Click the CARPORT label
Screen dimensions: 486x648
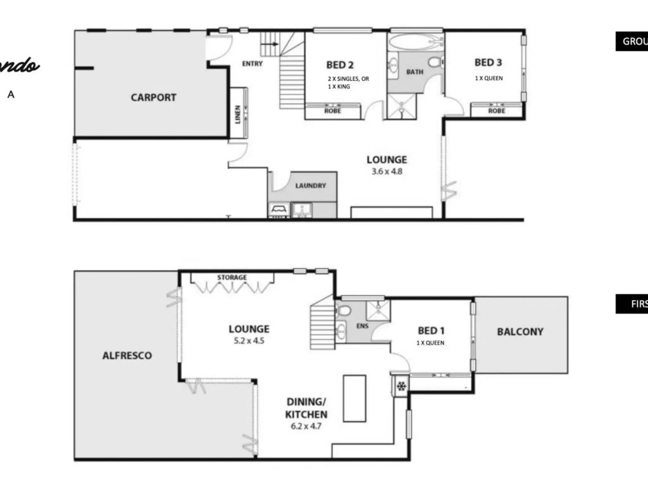click(153, 97)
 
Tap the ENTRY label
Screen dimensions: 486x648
click(252, 64)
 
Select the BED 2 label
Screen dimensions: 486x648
click(340, 65)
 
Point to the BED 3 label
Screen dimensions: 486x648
click(488, 63)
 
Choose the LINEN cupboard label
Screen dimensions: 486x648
click(238, 114)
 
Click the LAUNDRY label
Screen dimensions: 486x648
click(310, 185)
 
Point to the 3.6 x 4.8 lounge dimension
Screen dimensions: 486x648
click(387, 171)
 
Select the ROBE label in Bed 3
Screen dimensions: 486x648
click(497, 111)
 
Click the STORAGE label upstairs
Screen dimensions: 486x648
click(232, 277)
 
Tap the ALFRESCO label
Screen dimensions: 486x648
click(127, 355)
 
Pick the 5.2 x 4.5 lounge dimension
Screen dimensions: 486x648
click(249, 341)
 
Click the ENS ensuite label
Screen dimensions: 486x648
click(362, 326)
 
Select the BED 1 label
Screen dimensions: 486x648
click(431, 331)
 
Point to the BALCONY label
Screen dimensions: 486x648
click(520, 332)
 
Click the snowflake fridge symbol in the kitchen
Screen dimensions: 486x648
click(401, 386)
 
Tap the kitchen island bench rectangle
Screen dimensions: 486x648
click(355, 398)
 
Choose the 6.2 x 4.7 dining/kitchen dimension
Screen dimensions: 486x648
click(306, 426)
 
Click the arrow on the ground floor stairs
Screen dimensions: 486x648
click(270, 44)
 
